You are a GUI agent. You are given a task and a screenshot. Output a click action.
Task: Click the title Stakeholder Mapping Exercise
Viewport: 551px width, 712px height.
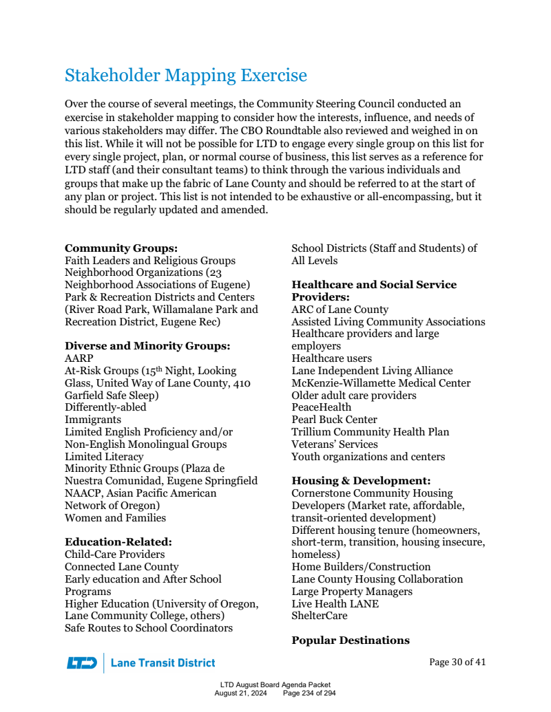186,75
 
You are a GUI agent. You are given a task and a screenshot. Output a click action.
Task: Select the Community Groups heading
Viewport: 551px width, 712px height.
121,248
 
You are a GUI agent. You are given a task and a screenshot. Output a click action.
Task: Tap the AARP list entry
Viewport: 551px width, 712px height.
79,358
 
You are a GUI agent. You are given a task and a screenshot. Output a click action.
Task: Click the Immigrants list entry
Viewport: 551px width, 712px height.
93,420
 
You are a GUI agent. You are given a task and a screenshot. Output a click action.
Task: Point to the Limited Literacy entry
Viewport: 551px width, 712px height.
104,457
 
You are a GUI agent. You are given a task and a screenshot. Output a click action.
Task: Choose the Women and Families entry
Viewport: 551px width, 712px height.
115,518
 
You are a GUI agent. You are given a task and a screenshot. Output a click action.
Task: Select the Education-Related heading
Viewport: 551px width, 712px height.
118,542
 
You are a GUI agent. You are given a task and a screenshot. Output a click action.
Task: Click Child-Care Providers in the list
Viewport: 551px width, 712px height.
115,554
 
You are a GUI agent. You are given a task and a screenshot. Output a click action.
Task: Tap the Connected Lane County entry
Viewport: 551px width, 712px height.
121,567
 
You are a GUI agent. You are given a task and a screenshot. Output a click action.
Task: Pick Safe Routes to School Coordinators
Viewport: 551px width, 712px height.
149,628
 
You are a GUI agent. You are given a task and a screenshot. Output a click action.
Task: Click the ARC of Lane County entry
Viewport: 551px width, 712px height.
340,310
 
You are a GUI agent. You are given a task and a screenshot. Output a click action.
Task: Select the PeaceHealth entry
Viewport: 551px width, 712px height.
321,407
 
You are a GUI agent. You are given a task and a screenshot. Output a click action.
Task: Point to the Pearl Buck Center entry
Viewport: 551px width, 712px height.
334,420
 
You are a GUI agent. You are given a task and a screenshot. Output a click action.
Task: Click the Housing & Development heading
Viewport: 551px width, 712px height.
361,481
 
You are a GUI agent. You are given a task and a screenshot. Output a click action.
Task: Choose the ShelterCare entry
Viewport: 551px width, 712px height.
320,616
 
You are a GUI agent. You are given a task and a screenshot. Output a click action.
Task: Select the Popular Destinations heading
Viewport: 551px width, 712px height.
351,640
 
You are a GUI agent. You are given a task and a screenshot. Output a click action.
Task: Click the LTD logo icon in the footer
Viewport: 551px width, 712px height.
82,663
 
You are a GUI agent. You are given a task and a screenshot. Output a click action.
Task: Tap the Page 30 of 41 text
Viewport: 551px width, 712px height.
457,662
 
